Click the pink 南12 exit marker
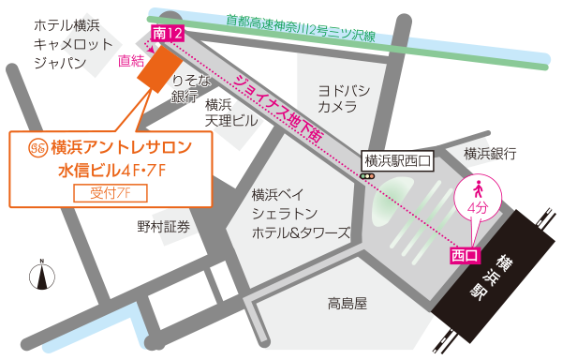point(166,34)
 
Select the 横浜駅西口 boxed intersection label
point(397,160)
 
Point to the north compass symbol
point(41,276)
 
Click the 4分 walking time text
point(477,207)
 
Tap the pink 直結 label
point(131,62)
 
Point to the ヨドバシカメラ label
point(343,99)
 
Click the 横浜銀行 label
point(491,153)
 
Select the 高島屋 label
point(347,303)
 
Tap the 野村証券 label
point(163,226)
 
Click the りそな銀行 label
point(185,89)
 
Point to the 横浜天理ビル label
point(225,113)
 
